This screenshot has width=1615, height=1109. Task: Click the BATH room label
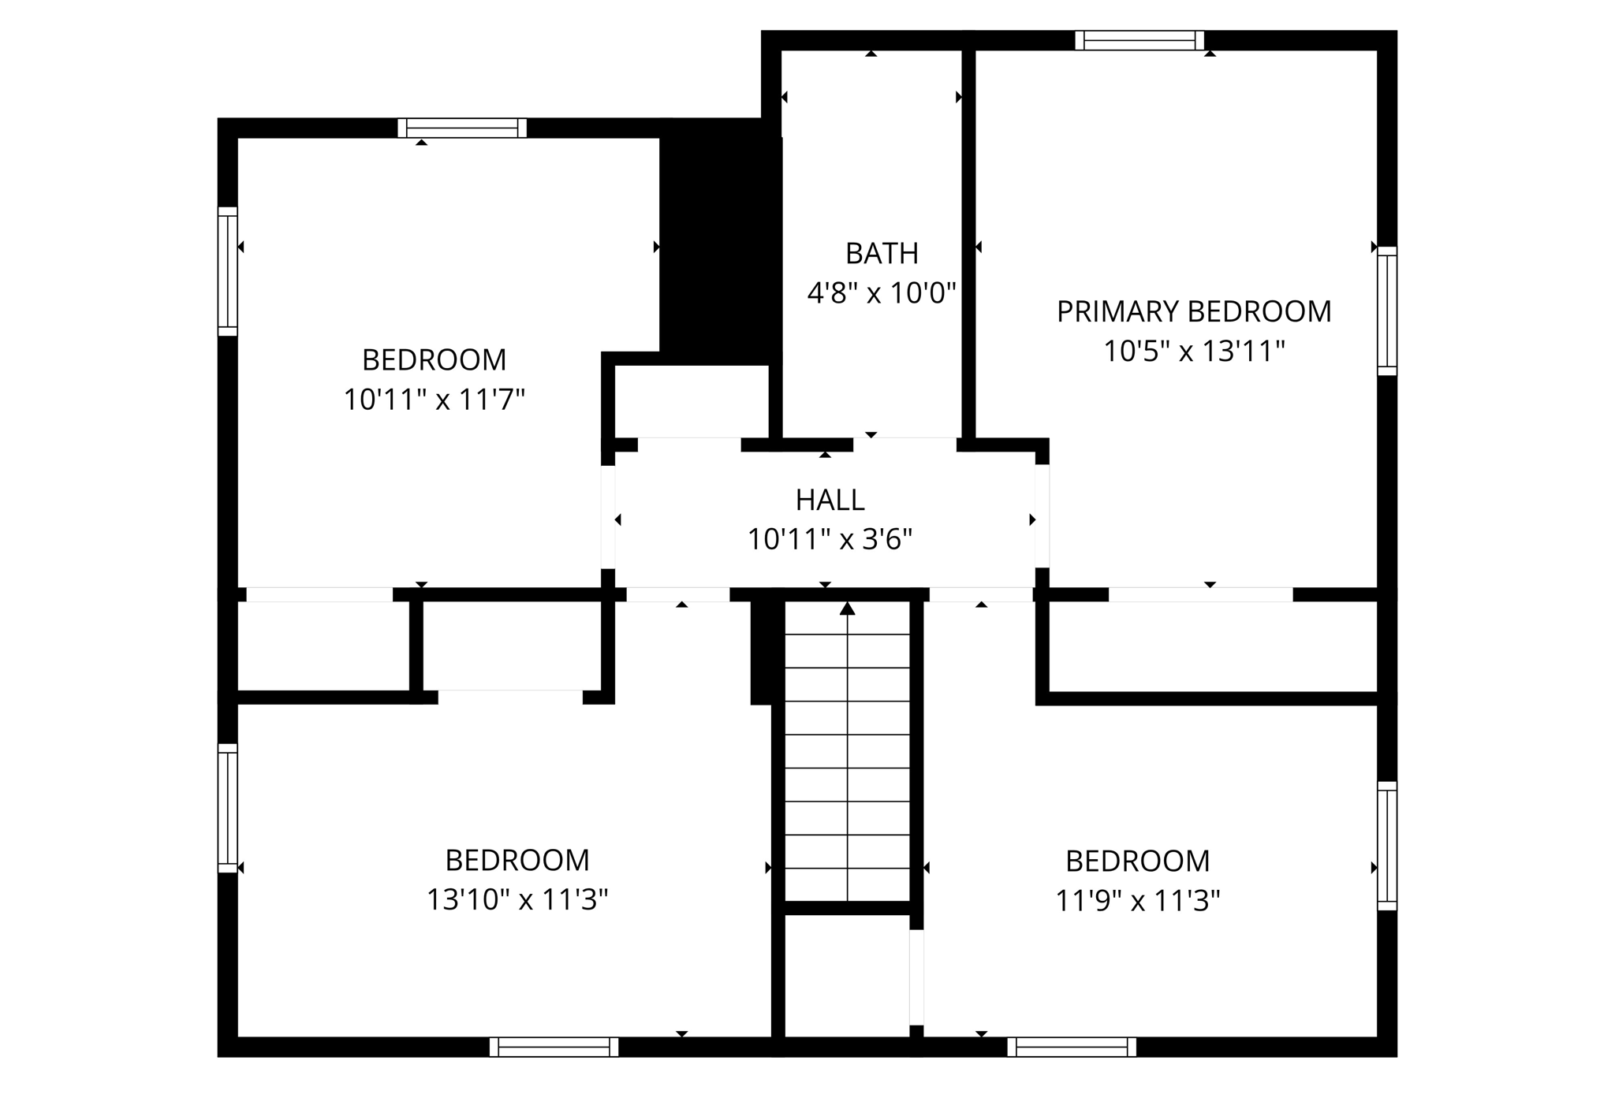pyautogui.click(x=882, y=254)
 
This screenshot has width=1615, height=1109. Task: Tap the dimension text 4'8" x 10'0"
pyautogui.click(x=882, y=294)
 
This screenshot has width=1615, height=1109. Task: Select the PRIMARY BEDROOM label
pyautogui.click(x=1194, y=312)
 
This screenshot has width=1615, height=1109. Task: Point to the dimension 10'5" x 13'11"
pyautogui.click(x=1194, y=352)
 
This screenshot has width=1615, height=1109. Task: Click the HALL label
pyautogui.click(x=830, y=500)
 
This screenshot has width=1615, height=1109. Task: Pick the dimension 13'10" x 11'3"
pyautogui.click(x=517, y=899)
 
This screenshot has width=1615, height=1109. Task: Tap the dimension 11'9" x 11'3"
pyautogui.click(x=1137, y=900)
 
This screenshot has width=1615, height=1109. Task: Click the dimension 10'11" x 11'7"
pyautogui.click(x=434, y=400)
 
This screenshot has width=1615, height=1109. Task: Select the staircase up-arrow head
pyautogui.click(x=847, y=608)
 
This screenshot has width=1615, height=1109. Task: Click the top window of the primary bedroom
pyautogui.click(x=1139, y=40)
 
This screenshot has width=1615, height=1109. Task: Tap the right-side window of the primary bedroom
pyautogui.click(x=1387, y=311)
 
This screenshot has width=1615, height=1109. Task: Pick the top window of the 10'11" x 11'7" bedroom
pyautogui.click(x=462, y=128)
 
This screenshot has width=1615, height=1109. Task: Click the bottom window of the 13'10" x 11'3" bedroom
pyautogui.click(x=554, y=1047)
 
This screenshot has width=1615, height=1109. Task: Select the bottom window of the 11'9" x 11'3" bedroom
pyautogui.click(x=1072, y=1047)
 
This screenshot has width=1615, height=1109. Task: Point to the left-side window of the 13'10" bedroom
pyautogui.click(x=227, y=808)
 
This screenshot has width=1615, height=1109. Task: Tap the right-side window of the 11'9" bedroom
pyautogui.click(x=1387, y=846)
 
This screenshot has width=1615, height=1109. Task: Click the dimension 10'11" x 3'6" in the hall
pyautogui.click(x=830, y=540)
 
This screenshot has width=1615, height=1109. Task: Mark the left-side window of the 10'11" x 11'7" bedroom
pyautogui.click(x=227, y=271)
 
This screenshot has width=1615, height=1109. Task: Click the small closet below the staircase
pyautogui.click(x=847, y=976)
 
